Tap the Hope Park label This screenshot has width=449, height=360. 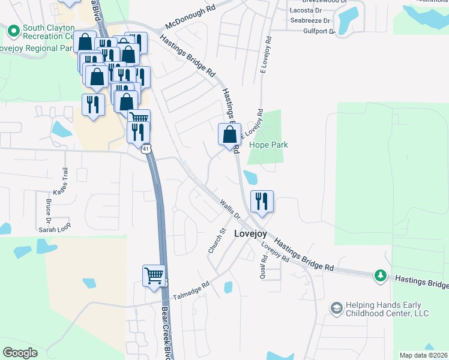point(268,145)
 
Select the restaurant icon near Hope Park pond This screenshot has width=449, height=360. point(261,201)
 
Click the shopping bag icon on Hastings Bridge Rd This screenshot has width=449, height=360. point(229,134)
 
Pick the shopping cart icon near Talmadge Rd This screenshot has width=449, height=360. point(154,276)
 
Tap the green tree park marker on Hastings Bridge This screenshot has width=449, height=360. point(380,275)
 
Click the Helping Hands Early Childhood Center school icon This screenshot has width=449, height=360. point(336,308)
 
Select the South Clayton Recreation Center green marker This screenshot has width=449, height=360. point(14,29)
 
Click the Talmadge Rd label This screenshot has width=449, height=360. point(191,292)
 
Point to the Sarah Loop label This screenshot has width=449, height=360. point(55,229)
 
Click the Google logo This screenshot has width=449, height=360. point(20,353)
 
